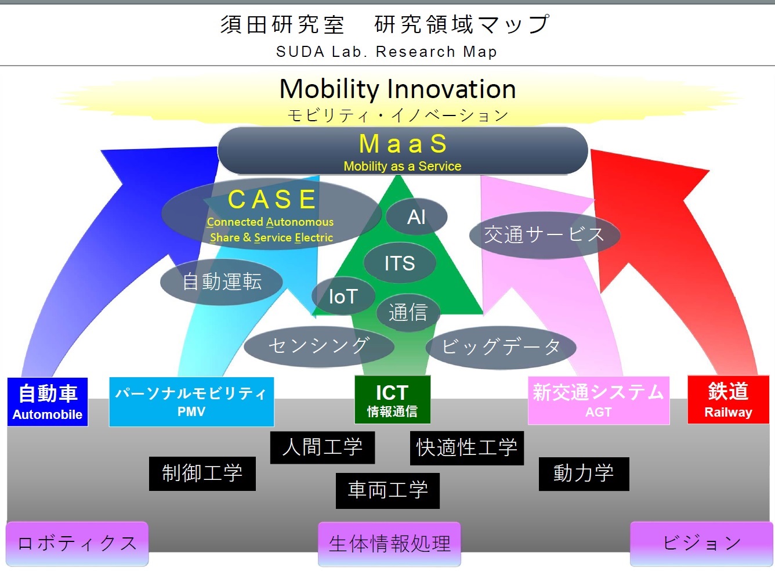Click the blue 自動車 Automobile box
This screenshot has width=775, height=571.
tap(48, 402)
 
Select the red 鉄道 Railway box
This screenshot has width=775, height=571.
tap(728, 399)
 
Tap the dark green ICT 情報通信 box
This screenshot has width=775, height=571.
tap(392, 400)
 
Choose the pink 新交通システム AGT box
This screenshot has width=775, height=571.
tap(599, 400)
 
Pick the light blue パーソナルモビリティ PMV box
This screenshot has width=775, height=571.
tap(191, 402)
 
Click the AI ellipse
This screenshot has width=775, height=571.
tap(417, 217)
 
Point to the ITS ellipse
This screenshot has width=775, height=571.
tap(400, 263)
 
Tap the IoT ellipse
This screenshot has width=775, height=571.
tap(343, 296)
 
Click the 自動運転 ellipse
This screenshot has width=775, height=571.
tap(222, 281)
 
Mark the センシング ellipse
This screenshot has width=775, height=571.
tap(319, 346)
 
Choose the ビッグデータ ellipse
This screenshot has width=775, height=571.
tap(501, 347)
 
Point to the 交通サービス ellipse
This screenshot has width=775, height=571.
tap(545, 234)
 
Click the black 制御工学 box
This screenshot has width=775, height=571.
tap(202, 474)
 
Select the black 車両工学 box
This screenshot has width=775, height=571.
tap(387, 490)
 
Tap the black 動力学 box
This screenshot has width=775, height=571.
tap(584, 474)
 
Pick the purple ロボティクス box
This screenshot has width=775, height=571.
tap(77, 544)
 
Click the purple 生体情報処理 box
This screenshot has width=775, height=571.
tap(389, 544)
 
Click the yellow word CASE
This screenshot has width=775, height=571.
tap(272, 200)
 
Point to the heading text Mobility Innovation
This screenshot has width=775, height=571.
tap(397, 89)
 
